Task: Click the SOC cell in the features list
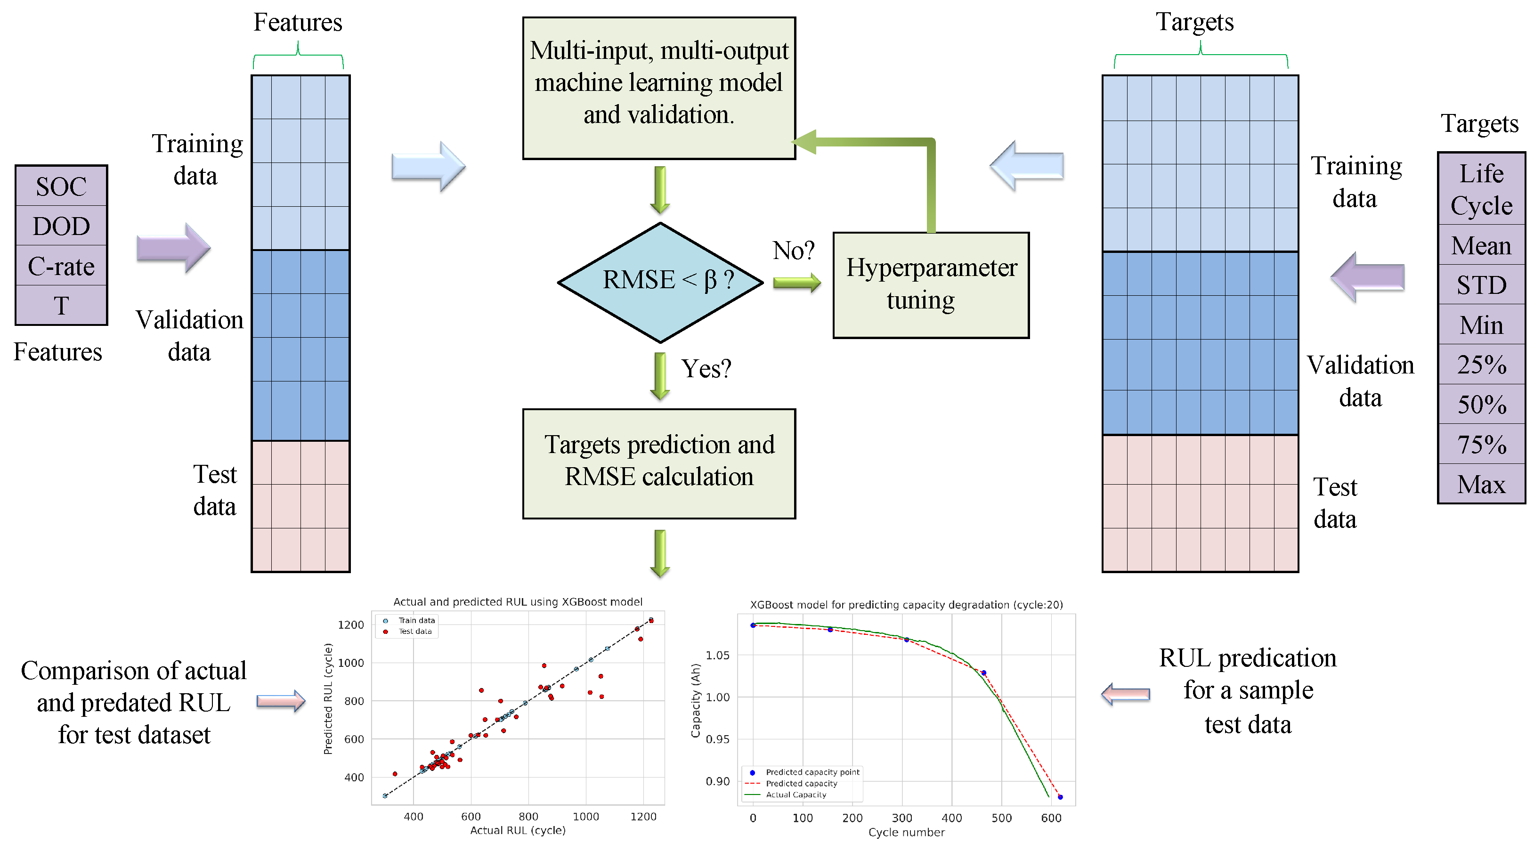[x=61, y=186]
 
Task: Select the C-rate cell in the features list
[x=61, y=266]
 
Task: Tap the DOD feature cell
[x=61, y=227]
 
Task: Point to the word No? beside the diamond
[x=793, y=251]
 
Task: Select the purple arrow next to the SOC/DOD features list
[x=173, y=248]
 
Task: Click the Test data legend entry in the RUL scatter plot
[x=415, y=631]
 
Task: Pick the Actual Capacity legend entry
[x=795, y=794]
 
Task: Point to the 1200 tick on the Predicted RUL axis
[x=351, y=624]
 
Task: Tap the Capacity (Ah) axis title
[x=696, y=700]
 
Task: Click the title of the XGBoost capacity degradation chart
[x=906, y=604]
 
